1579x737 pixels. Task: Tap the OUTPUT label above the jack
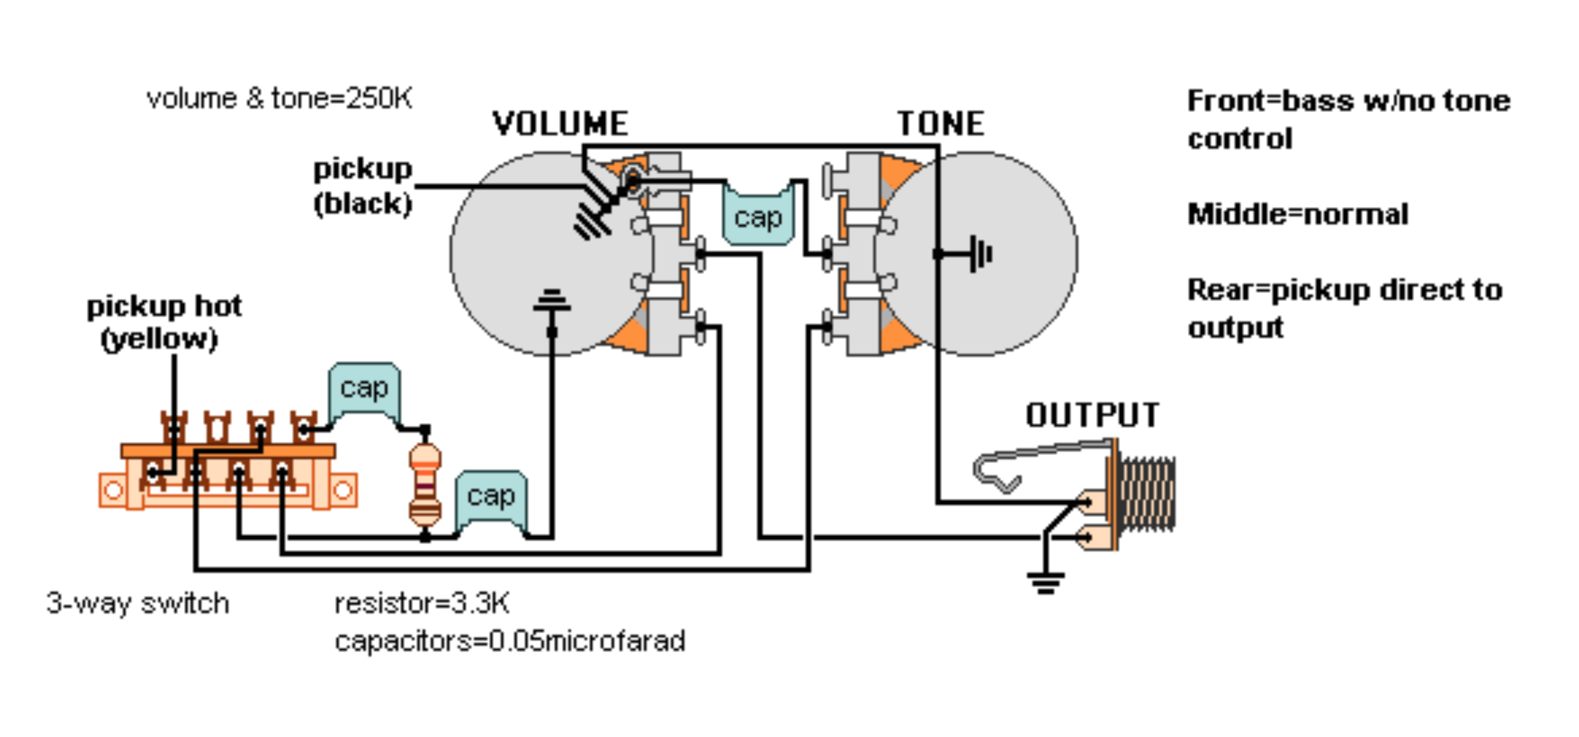1092,416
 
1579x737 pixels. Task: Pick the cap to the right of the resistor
491,497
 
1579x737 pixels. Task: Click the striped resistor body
425,485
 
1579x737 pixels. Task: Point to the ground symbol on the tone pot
981,253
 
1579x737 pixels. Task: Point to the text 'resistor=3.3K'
422,604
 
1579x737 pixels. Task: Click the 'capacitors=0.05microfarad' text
510,641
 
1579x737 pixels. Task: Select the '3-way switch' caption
138,604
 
